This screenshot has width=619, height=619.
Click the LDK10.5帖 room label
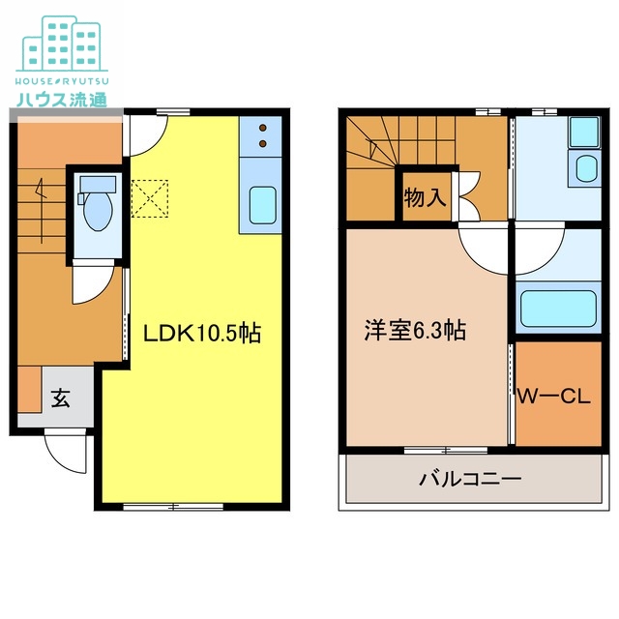pyautogui.click(x=201, y=334)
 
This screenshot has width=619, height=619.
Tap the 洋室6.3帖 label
pyautogui.click(x=415, y=331)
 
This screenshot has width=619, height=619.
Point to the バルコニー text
pyautogui.click(x=470, y=480)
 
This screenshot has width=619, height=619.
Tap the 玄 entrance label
pyautogui.click(x=60, y=398)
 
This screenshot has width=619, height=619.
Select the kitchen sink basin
pyautogui.click(x=262, y=204)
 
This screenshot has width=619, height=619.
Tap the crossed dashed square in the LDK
pyautogui.click(x=149, y=198)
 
